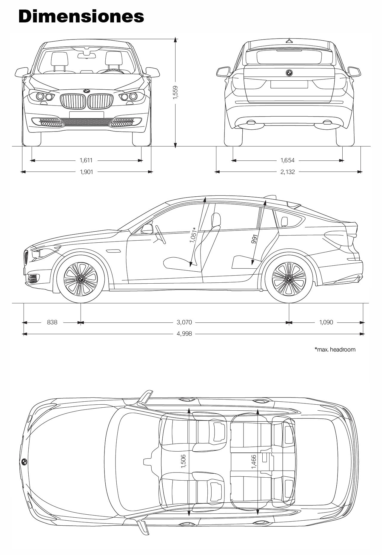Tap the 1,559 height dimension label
point(175,94)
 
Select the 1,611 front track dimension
point(86,160)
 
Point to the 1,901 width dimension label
point(86,172)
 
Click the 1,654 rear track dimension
point(287,160)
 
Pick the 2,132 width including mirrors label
point(287,172)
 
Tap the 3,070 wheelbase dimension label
point(184,322)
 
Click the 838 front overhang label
point(52,322)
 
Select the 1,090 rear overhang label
point(326,322)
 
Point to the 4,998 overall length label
point(184,334)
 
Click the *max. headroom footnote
point(335,349)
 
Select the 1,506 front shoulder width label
point(183,462)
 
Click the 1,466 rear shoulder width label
point(253,462)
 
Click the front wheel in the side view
point(81,279)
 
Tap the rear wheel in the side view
point(289,279)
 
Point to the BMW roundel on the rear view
point(289,73)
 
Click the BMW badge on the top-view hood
point(24,462)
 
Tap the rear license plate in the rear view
point(289,84)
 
